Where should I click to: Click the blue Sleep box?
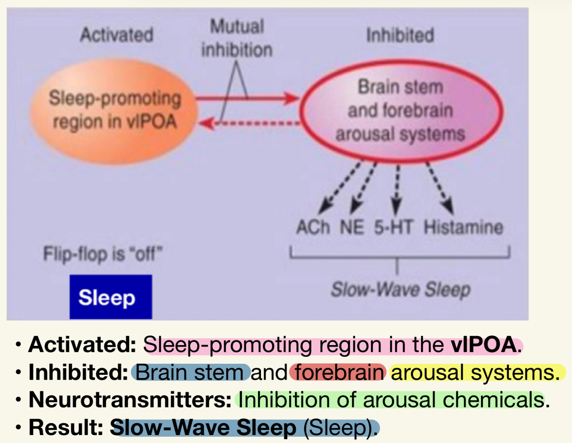click(x=111, y=297)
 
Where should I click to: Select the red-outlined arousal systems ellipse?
click(x=401, y=110)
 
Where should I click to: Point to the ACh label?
click(x=313, y=227)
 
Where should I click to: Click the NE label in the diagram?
click(x=352, y=227)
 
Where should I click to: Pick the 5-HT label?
click(x=393, y=227)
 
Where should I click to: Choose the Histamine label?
click(x=463, y=227)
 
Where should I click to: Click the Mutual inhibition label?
click(x=237, y=38)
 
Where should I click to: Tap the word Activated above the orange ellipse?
click(x=116, y=35)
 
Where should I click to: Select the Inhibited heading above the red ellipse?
click(x=400, y=35)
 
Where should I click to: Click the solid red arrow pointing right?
click(x=247, y=99)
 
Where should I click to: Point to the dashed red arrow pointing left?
click(x=249, y=123)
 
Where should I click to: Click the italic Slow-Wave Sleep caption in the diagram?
click(x=401, y=290)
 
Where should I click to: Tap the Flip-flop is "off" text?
click(x=103, y=254)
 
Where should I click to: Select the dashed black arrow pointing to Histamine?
click(x=440, y=188)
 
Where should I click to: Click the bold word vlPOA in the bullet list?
click(x=483, y=344)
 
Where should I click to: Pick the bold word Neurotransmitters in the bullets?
click(x=130, y=399)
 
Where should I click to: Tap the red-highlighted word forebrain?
click(x=339, y=372)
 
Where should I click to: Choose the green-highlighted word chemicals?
click(x=493, y=399)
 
